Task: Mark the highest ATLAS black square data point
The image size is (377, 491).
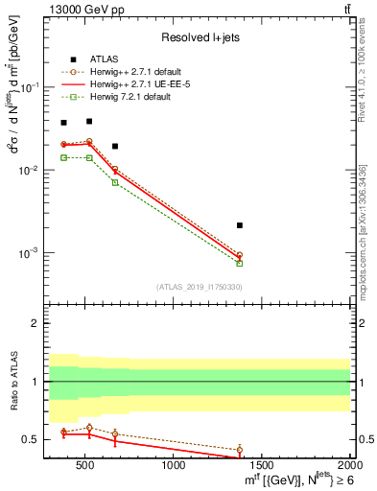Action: [x=89, y=121]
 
